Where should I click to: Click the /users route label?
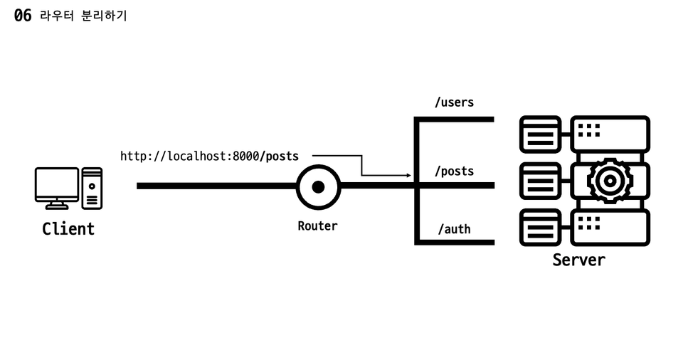pyautogui.click(x=454, y=102)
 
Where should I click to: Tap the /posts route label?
pyautogui.click(x=454, y=171)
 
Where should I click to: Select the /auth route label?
pyautogui.click(x=454, y=229)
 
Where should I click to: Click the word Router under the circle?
pyautogui.click(x=317, y=226)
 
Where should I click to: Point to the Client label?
pyautogui.click(x=68, y=229)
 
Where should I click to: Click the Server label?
pyautogui.click(x=578, y=260)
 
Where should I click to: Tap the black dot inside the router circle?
pyautogui.click(x=318, y=186)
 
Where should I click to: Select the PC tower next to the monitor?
pyautogui.click(x=92, y=188)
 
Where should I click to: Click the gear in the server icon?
pyautogui.click(x=610, y=181)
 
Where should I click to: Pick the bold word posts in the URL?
pyautogui.click(x=282, y=156)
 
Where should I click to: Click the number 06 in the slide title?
pyautogui.click(x=23, y=15)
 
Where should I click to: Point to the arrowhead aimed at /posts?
pyautogui.click(x=408, y=175)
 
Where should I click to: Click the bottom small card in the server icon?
pyautogui.click(x=540, y=227)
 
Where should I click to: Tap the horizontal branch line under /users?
pyautogui.click(x=455, y=120)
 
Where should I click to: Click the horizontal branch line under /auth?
pyautogui.click(x=455, y=243)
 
